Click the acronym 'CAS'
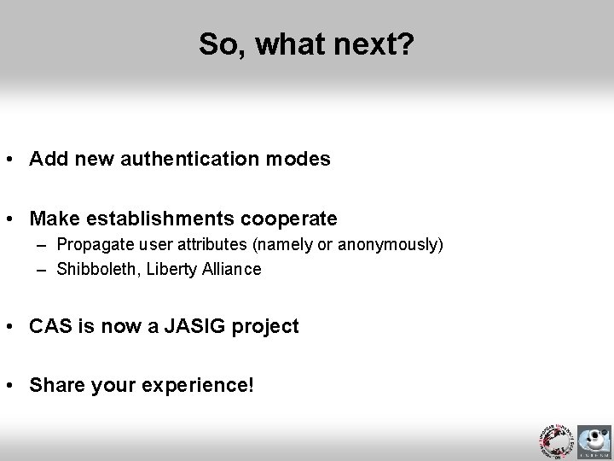pos(49,326)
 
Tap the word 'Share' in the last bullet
pos(54,385)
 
